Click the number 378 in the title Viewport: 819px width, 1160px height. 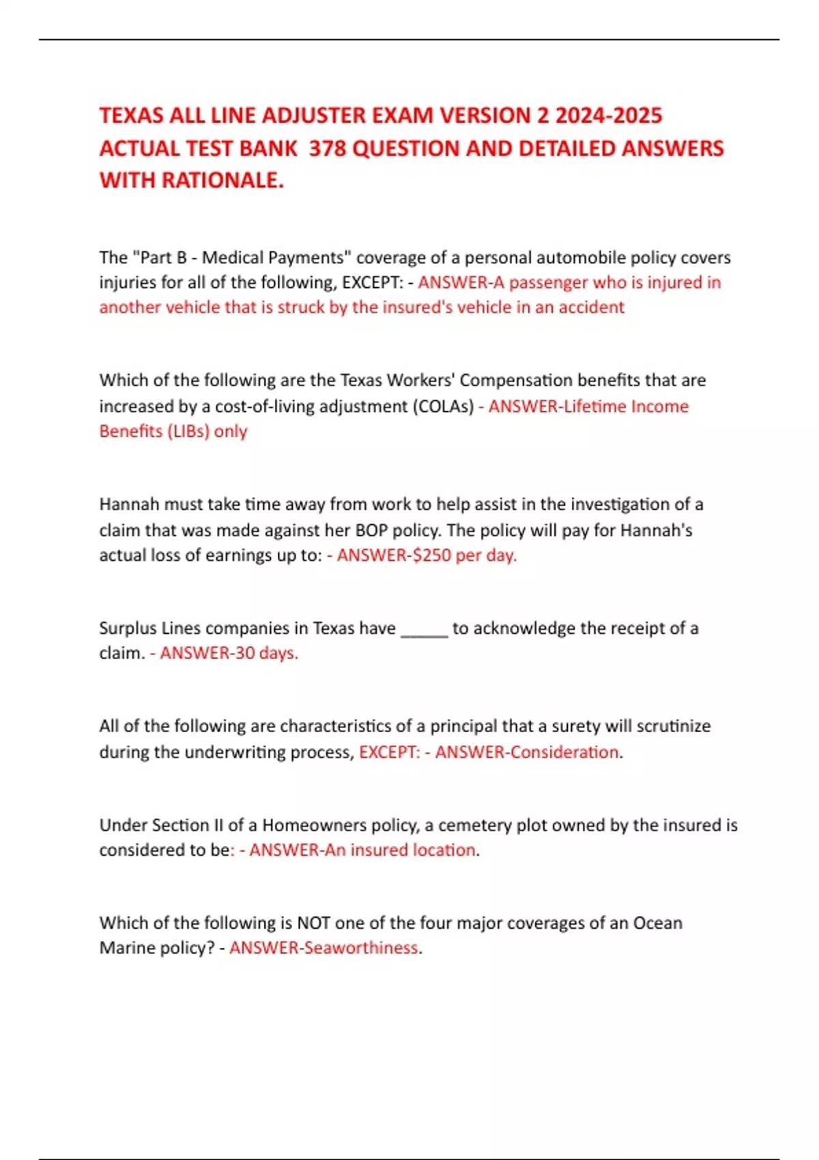[328, 148]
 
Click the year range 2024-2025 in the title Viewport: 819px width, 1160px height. [608, 115]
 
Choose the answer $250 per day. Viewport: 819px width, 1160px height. [461, 555]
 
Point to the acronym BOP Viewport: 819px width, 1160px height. [371, 530]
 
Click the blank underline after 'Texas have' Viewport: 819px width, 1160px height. [424, 629]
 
